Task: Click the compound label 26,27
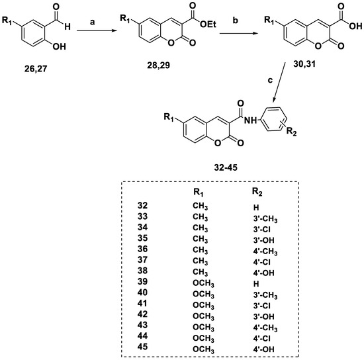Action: [x=36, y=69]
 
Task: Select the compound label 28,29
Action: [x=159, y=66]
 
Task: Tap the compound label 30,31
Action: [x=304, y=64]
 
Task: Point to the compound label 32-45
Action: [x=226, y=167]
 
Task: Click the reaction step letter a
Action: [x=93, y=22]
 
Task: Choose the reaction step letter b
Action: [x=236, y=21]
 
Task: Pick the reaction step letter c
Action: [x=270, y=80]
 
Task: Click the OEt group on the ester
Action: [x=208, y=24]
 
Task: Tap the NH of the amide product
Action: [x=250, y=120]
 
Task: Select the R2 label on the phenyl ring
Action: [x=292, y=132]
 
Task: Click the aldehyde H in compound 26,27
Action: [x=68, y=26]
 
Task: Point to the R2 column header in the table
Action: [x=257, y=192]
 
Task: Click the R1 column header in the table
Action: [x=199, y=193]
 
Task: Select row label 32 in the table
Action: [x=142, y=205]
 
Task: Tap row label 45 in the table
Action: [x=142, y=347]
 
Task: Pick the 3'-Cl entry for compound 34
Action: [x=262, y=230]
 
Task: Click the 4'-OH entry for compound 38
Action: [x=263, y=273]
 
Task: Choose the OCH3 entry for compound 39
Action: [x=203, y=284]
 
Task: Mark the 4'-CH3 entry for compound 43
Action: [x=265, y=328]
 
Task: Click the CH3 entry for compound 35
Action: [x=200, y=240]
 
